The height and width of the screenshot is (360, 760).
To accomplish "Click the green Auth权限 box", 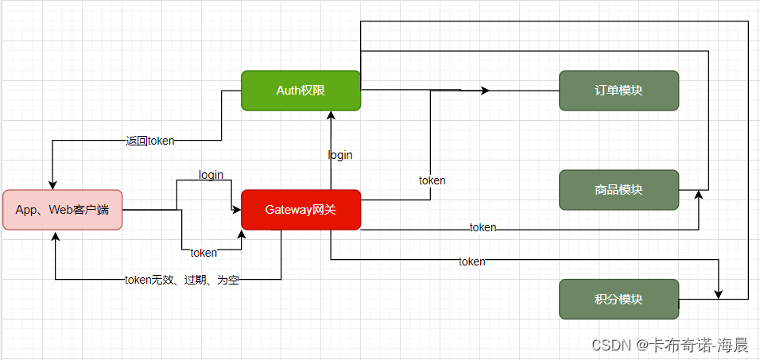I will (301, 91).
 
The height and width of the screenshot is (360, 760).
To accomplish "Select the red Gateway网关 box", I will (301, 210).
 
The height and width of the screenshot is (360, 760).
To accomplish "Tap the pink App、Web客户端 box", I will (62, 210).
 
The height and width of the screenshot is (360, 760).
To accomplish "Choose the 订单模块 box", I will (618, 91).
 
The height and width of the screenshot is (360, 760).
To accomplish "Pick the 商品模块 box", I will (618, 190).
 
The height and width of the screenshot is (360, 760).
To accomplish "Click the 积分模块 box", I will (618, 300).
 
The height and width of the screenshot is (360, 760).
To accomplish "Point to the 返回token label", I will (149, 141).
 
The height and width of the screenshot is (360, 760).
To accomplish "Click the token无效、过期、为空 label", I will (182, 280).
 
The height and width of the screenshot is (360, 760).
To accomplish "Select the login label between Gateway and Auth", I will (340, 155).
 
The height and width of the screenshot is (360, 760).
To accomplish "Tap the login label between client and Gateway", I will (211, 175).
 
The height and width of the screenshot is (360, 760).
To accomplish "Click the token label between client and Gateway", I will (204, 253).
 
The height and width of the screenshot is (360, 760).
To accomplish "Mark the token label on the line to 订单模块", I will (432, 180).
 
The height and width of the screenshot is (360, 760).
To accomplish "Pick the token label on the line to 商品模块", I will (483, 228).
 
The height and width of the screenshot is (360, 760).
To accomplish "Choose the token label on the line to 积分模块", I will (471, 261).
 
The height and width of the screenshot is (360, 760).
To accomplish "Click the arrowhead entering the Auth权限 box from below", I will (331, 115).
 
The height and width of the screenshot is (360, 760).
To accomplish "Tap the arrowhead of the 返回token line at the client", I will (52, 184).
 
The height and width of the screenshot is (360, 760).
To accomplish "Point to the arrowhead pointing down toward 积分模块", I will (719, 294).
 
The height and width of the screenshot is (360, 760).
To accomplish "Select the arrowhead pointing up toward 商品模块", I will (699, 195).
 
